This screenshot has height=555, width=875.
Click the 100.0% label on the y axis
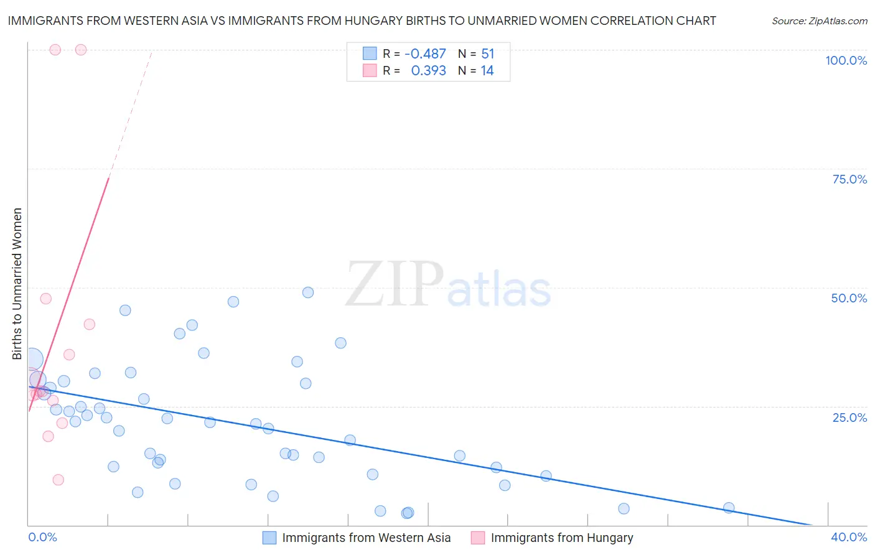point(846,60)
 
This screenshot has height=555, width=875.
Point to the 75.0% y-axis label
point(849,179)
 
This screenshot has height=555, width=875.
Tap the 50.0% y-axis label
point(849,298)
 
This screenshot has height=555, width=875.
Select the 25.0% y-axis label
point(849,417)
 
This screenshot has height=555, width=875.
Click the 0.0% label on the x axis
point(42,537)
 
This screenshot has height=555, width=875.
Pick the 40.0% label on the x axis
point(849,537)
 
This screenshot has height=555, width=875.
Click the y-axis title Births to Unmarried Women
point(17,284)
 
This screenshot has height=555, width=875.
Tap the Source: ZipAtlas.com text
point(819,21)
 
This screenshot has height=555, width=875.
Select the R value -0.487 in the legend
point(425,54)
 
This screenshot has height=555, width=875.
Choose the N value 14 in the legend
point(487,71)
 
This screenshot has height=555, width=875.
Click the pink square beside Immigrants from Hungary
point(478,538)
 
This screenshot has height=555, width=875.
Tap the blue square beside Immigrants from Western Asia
point(269,538)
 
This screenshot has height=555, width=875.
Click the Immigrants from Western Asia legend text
point(366,538)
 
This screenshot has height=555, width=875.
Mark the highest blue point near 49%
point(308,292)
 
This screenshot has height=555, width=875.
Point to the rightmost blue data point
point(729,508)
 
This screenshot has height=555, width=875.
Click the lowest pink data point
point(58,480)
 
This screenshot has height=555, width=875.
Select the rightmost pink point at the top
point(81,50)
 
